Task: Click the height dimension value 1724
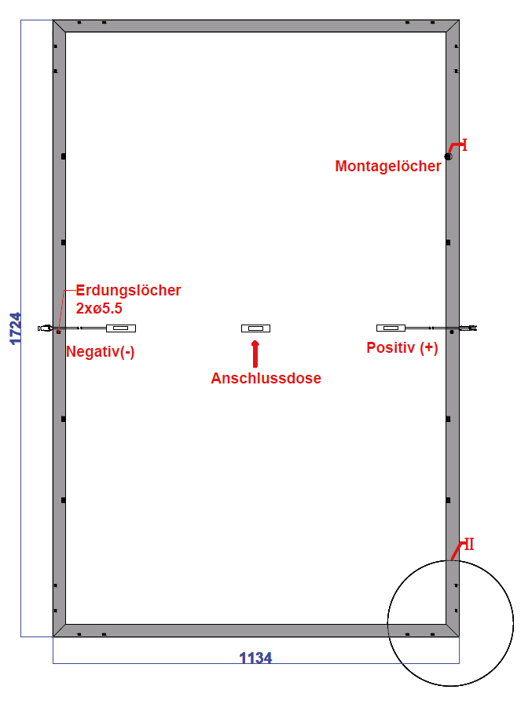click(x=16, y=328)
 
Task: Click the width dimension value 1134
click(x=255, y=658)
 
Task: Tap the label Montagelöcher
click(x=388, y=166)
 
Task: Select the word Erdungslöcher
click(x=128, y=290)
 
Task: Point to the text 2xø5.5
click(x=99, y=308)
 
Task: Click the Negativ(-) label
click(x=101, y=351)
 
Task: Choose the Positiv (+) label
click(x=402, y=347)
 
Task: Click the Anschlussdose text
click(x=266, y=378)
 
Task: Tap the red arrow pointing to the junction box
click(x=255, y=354)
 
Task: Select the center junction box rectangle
click(x=255, y=328)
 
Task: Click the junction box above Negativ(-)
click(x=121, y=328)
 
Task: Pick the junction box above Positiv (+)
click(x=391, y=328)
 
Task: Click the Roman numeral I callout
click(x=464, y=145)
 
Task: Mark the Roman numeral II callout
click(x=469, y=544)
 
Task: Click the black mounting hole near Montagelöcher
click(x=448, y=156)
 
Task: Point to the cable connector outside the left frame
click(x=44, y=328)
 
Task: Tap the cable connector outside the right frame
click(x=469, y=328)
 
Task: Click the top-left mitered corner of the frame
click(x=59, y=26)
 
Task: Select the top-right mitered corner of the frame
click(x=453, y=26)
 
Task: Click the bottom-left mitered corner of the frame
click(x=59, y=631)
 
